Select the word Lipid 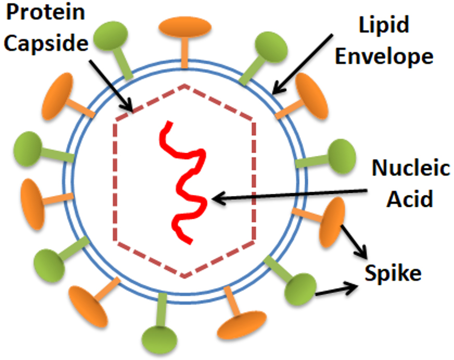tap(384, 24)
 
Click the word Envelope tap(384, 56)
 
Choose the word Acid tap(411, 198)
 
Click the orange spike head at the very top tap(185, 27)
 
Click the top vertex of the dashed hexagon tap(184, 85)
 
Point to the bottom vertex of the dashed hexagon tap(184, 277)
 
